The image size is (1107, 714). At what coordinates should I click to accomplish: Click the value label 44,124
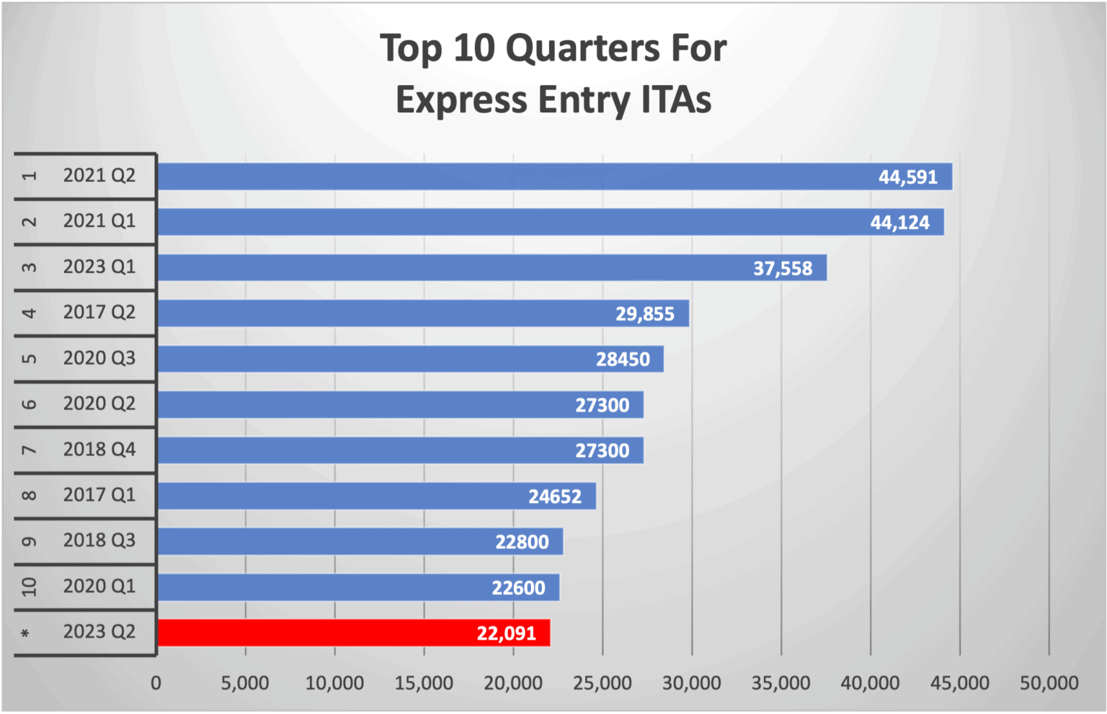point(900,223)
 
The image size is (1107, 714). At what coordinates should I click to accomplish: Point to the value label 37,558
point(783,269)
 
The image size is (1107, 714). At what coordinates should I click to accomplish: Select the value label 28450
point(623,360)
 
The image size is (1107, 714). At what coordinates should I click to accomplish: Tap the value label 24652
point(555,496)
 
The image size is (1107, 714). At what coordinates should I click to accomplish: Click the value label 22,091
point(507,633)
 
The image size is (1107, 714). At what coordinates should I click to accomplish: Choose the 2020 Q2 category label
point(99,403)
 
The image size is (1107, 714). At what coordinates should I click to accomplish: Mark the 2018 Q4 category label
point(99,450)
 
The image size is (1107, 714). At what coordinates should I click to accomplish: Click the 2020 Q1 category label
point(99,586)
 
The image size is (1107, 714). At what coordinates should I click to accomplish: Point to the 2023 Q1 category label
point(99,267)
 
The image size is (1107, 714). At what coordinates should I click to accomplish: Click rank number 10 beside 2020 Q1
point(29,586)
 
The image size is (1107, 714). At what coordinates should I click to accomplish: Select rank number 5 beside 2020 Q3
point(29,358)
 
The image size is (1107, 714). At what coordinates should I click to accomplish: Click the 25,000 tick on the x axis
point(603,683)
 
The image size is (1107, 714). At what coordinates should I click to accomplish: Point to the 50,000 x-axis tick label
point(1049,683)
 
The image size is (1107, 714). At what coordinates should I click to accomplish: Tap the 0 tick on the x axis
point(156,683)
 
